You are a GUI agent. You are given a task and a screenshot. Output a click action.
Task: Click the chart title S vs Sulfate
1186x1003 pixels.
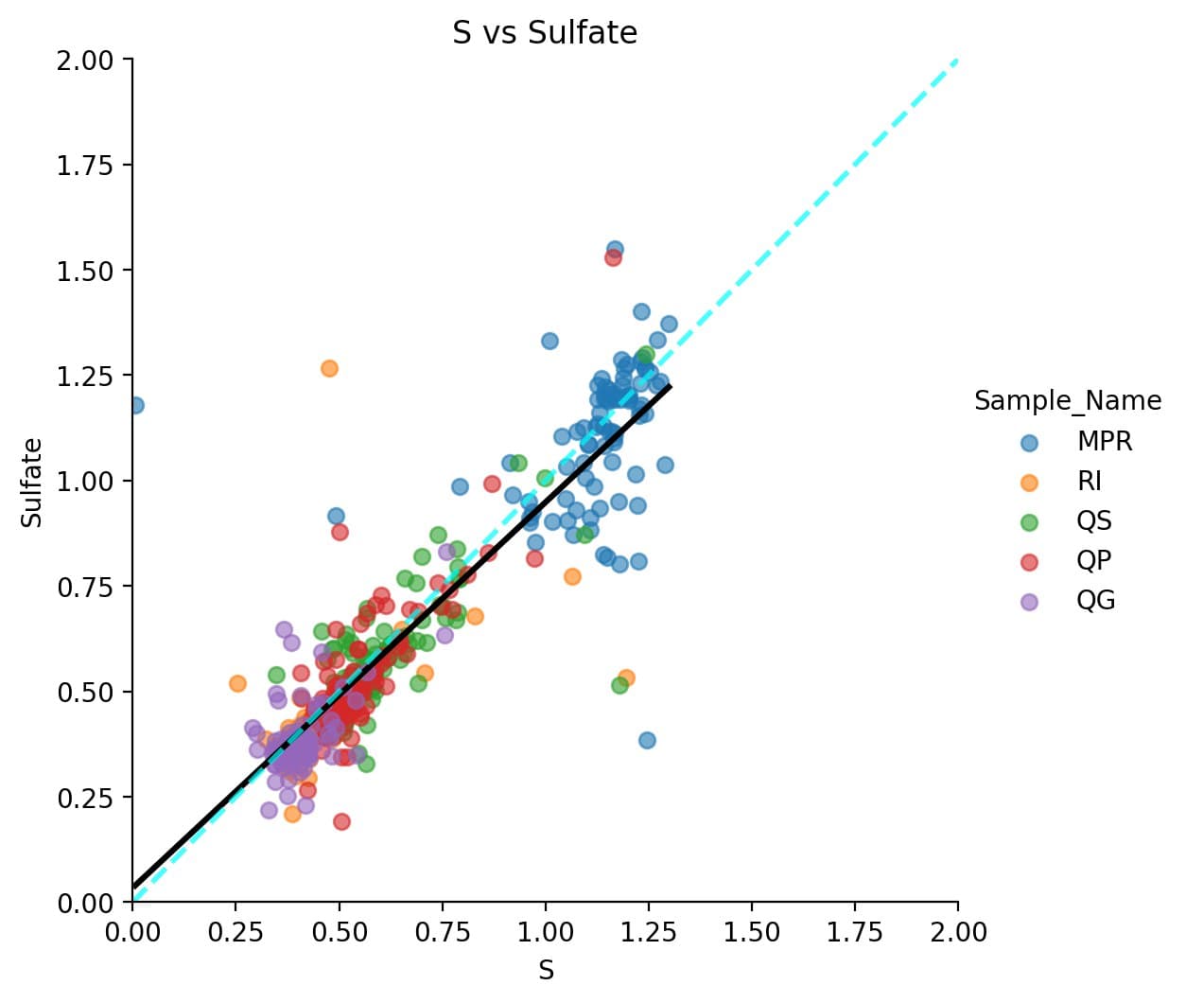(x=545, y=32)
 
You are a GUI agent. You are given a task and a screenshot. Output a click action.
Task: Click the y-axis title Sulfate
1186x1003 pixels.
(x=32, y=482)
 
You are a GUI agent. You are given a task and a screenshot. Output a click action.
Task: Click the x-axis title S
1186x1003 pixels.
(x=546, y=971)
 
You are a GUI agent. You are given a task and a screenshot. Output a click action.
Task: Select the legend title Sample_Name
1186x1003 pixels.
(x=1067, y=401)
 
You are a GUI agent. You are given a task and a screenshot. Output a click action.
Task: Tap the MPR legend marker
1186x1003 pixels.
(x=1029, y=442)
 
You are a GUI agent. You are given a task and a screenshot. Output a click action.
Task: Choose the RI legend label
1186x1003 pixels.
(x=1090, y=482)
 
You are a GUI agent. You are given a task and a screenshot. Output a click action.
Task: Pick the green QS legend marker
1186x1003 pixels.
(x=1029, y=522)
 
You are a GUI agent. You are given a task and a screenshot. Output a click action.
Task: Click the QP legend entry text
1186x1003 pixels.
(x=1093, y=561)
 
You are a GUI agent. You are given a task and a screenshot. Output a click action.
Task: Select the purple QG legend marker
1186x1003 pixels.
(x=1029, y=602)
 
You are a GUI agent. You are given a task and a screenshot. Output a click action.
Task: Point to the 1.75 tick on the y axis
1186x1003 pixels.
(x=84, y=166)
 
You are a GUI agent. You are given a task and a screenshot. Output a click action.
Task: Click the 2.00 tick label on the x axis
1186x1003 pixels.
(x=958, y=933)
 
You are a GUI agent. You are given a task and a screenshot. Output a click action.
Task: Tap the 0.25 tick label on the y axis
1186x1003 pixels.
(x=84, y=798)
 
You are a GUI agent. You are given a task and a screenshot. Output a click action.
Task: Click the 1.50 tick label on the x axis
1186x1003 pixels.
(x=752, y=933)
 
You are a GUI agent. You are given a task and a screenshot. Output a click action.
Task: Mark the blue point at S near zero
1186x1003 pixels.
(x=135, y=405)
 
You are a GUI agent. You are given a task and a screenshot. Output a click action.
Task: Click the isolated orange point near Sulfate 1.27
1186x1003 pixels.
(x=329, y=368)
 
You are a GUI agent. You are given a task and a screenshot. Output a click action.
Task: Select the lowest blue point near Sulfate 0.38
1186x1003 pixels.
(x=647, y=740)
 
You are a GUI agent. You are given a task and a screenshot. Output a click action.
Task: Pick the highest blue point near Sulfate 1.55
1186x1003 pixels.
(x=615, y=249)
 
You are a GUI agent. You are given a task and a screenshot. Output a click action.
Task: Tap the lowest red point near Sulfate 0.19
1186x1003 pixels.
(x=341, y=821)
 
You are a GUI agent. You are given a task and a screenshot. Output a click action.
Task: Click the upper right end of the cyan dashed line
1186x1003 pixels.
(x=956, y=62)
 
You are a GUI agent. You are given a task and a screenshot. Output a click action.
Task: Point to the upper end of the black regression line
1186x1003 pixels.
(x=669, y=386)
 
